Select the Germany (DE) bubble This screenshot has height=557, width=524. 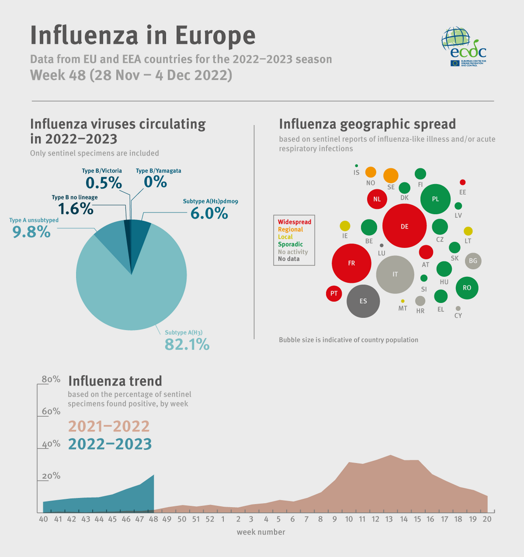coord(404,226)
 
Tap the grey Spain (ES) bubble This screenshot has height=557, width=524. coord(363,301)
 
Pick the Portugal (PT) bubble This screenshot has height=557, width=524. coord(334,293)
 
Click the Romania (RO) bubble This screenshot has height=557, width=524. coord(467,288)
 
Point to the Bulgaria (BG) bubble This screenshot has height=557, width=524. coord(473,261)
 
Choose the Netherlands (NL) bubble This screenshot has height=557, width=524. coord(377,199)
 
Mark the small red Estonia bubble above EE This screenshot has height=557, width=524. coord(463,182)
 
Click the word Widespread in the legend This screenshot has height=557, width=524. coord(295,222)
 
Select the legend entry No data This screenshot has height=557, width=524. coord(289,259)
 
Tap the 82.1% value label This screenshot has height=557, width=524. coord(187,345)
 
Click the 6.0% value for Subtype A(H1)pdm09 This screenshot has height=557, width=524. coord(209,213)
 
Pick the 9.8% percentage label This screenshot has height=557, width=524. coord(32,231)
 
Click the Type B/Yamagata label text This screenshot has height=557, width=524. coord(159,171)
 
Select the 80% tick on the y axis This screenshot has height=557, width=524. coord(51,379)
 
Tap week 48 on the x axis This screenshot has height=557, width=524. coord(153,519)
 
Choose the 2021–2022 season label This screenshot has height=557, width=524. coord(109,426)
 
